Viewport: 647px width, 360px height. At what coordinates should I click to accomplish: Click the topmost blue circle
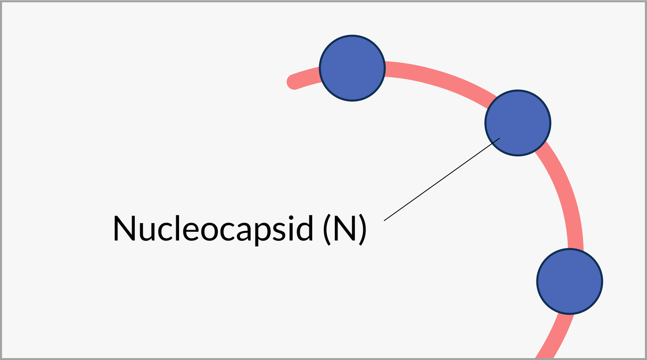coord(352,68)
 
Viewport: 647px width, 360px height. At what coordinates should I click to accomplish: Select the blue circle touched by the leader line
coord(518,123)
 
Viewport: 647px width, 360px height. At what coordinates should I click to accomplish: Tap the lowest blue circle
coord(569,281)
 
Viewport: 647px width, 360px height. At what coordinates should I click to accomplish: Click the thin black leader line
coord(442,179)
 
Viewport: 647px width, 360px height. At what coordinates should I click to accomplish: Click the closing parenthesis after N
coord(363,229)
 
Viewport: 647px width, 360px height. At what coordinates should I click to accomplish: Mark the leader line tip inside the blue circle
coord(499,139)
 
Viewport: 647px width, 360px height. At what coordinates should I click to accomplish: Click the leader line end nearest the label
coord(385,219)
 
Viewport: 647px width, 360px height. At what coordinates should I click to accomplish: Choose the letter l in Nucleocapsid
coord(178,227)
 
